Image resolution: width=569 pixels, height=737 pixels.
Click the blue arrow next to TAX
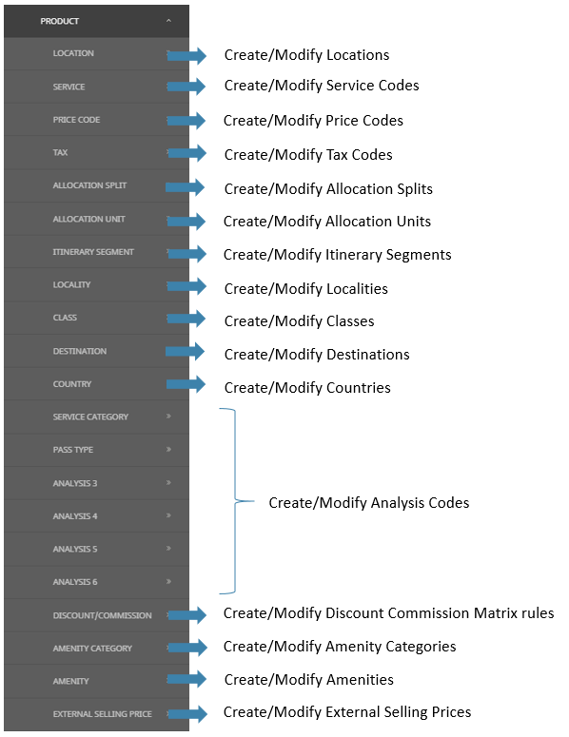[187, 153]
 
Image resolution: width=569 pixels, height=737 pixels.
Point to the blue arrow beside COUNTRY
[186, 384]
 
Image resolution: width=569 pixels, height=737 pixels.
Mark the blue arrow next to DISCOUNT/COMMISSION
[187, 614]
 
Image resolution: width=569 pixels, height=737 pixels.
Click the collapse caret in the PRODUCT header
[168, 21]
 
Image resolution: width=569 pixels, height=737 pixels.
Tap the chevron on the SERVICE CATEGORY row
[168, 416]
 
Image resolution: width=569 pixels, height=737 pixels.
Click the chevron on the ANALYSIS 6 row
[168, 581]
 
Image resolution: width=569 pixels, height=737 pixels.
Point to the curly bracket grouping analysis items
[235, 501]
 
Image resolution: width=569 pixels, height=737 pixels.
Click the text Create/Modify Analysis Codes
[368, 503]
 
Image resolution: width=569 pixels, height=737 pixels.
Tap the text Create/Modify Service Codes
[322, 86]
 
